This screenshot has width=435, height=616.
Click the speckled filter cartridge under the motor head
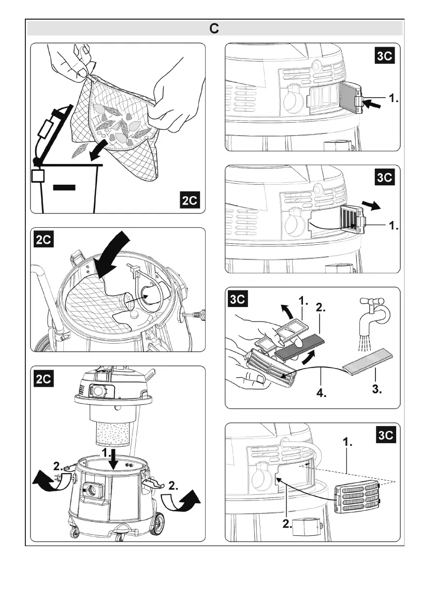(116, 431)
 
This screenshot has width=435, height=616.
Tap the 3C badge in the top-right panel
(385, 56)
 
